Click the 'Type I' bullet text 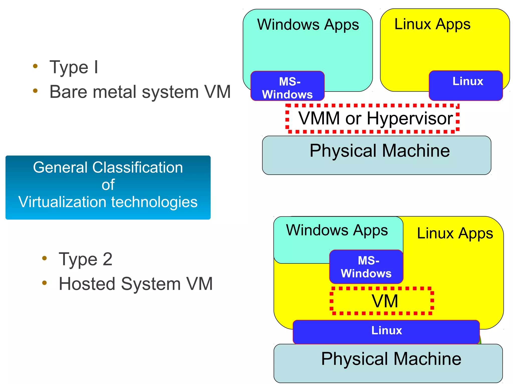pyautogui.click(x=74, y=67)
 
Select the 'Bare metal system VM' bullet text pyautogui.click(x=140, y=92)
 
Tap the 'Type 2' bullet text pyautogui.click(x=85, y=259)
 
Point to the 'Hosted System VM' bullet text pyautogui.click(x=136, y=284)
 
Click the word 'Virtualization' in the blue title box pyautogui.click(x=63, y=202)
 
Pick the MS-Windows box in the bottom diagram pyautogui.click(x=366, y=267)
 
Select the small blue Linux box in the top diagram pyautogui.click(x=466, y=86)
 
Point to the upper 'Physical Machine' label pyautogui.click(x=379, y=151)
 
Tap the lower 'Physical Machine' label pyautogui.click(x=391, y=359)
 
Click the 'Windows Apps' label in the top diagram pyautogui.click(x=308, y=25)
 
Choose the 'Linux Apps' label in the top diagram pyautogui.click(x=432, y=25)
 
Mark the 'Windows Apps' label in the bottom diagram pyautogui.click(x=337, y=230)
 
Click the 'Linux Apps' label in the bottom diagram pyautogui.click(x=455, y=233)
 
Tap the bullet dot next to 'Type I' pyautogui.click(x=35, y=66)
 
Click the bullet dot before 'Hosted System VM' pyautogui.click(x=45, y=283)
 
